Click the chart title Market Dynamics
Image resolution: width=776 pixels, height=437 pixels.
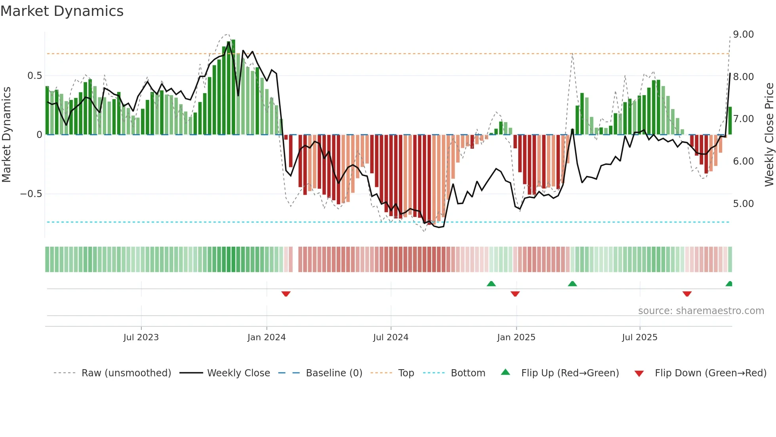62,11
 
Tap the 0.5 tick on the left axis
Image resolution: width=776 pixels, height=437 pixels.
34,76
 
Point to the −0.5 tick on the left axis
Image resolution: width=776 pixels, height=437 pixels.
31,194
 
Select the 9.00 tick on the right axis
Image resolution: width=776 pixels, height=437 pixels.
743,34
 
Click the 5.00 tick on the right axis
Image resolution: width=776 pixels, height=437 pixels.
743,204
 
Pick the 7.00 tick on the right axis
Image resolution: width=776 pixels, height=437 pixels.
743,119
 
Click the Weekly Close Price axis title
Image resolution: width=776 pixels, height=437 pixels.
769,135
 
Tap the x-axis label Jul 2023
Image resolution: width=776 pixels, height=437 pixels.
141,337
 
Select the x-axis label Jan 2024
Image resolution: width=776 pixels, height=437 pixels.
266,337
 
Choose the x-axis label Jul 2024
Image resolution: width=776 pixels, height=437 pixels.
390,337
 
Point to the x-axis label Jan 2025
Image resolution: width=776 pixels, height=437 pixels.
516,337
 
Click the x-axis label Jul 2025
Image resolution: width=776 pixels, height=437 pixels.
639,337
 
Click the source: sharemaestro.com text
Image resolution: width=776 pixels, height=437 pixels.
701,311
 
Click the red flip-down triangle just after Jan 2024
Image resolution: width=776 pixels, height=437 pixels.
286,294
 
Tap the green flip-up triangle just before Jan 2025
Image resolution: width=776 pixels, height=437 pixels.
491,284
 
